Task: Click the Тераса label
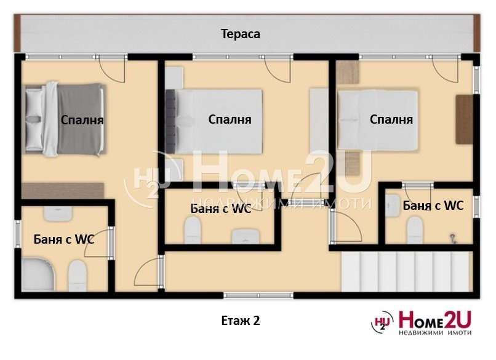coord(241,34)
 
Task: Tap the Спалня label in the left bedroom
coord(82,120)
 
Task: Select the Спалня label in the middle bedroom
coord(230,119)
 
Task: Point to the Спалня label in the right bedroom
coord(391,119)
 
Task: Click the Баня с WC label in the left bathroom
coord(64,239)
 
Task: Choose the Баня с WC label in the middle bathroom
coord(220,208)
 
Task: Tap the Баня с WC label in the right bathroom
coord(433,206)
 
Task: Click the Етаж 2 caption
coord(240,321)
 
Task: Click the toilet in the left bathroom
coord(77,274)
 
